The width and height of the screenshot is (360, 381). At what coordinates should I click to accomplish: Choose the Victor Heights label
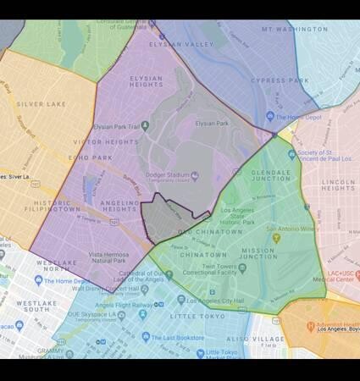[103, 143]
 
